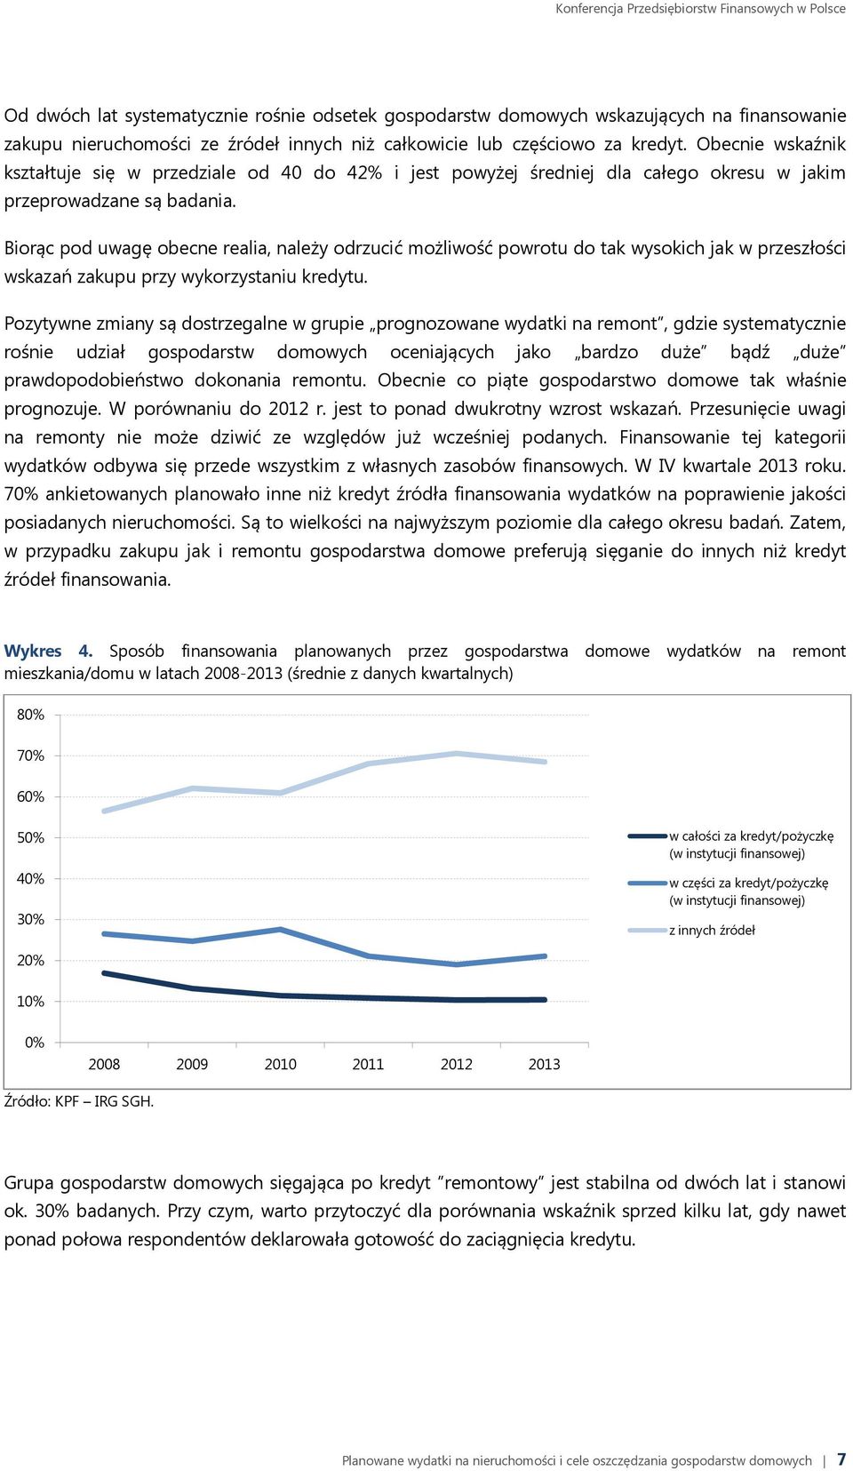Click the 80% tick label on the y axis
[30, 715]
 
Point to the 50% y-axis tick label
[30, 837]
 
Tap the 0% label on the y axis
[34, 1043]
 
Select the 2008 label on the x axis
[104, 1064]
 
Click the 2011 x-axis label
[368, 1064]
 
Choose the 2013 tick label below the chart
[545, 1064]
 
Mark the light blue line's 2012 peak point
[457, 753]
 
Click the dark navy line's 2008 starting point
[105, 973]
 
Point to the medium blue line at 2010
[281, 929]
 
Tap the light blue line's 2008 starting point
[105, 811]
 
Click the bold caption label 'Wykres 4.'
[48, 651]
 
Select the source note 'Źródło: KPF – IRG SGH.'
[79, 1101]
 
